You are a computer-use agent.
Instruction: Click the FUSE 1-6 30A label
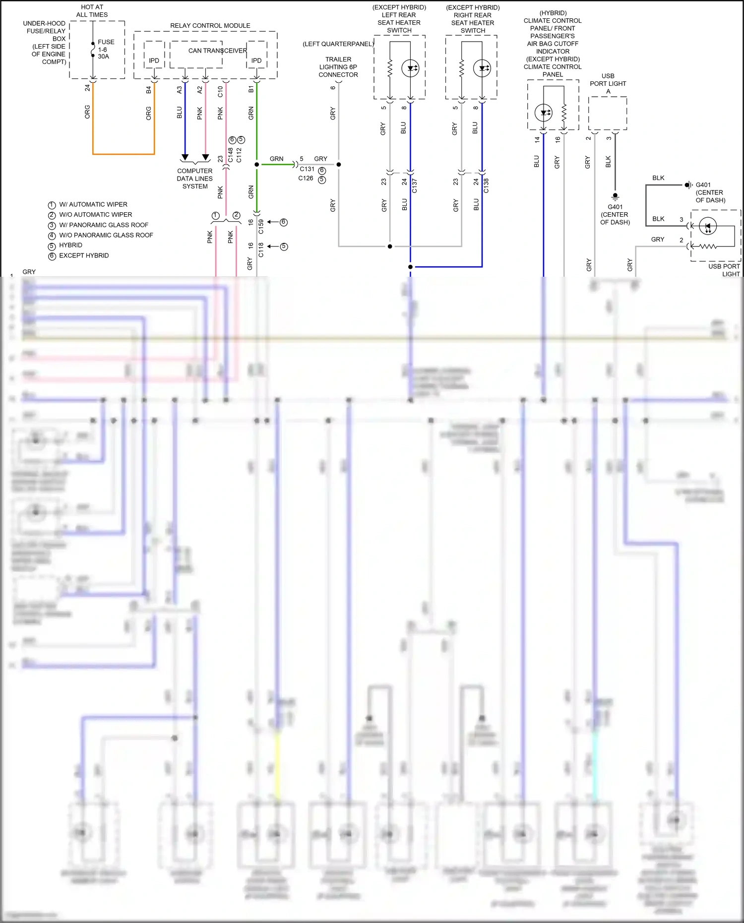(x=106, y=49)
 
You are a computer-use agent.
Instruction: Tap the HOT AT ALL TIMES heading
(x=92, y=11)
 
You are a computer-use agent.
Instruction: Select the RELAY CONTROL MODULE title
(x=210, y=25)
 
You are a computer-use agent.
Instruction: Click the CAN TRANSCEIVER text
(x=217, y=51)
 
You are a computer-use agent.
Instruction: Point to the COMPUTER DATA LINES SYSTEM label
(x=195, y=179)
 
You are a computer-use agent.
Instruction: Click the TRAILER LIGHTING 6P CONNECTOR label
(x=338, y=67)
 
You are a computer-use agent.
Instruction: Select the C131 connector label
(x=307, y=169)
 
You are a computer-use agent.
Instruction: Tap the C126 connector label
(x=306, y=179)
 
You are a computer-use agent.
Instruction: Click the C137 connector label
(x=415, y=185)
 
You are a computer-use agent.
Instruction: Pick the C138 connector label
(x=486, y=185)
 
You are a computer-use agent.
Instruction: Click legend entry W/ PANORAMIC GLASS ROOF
(x=104, y=225)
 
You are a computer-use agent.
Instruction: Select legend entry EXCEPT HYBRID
(x=84, y=255)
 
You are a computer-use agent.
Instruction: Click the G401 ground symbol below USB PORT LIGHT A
(x=615, y=196)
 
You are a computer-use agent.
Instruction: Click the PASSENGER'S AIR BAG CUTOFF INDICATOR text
(x=553, y=44)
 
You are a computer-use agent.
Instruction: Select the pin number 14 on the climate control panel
(x=537, y=140)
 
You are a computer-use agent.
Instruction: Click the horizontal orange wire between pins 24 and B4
(x=124, y=154)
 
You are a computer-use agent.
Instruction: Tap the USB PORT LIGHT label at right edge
(x=724, y=270)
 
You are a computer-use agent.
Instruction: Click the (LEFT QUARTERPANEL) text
(x=338, y=44)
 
